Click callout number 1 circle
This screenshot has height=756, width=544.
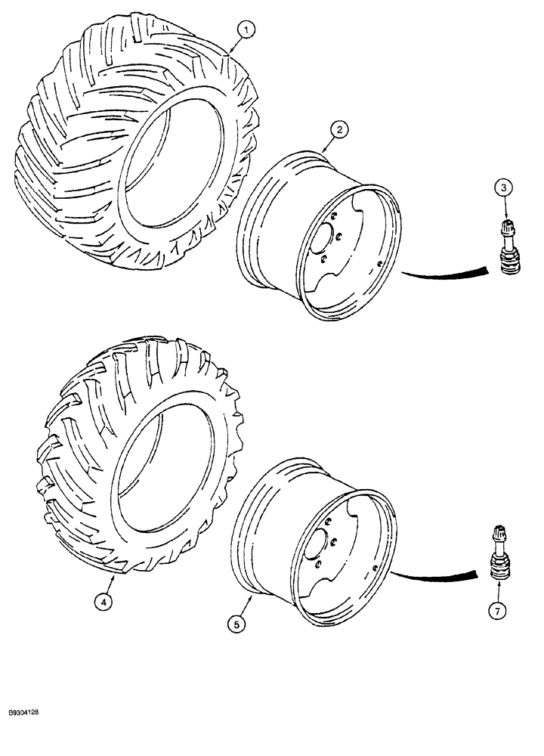(x=246, y=30)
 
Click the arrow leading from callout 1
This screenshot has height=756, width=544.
(x=234, y=44)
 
